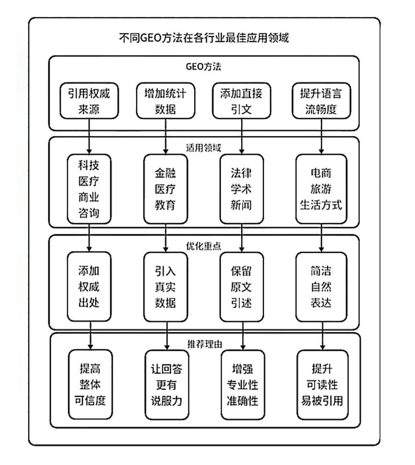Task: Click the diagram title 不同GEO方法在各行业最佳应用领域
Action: [204, 38]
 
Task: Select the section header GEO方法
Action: [203, 66]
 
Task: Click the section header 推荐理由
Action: [203, 344]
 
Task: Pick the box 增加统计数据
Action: [165, 101]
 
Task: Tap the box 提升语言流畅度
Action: [321, 101]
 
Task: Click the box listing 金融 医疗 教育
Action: [165, 188]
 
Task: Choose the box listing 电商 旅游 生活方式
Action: [321, 188]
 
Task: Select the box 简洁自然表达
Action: [321, 286]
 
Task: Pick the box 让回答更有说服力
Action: [166, 384]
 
